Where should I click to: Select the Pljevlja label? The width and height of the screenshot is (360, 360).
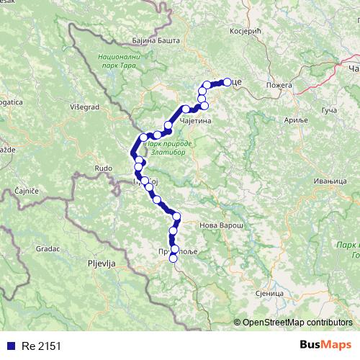99,264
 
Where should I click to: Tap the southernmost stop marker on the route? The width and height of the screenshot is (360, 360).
173,258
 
